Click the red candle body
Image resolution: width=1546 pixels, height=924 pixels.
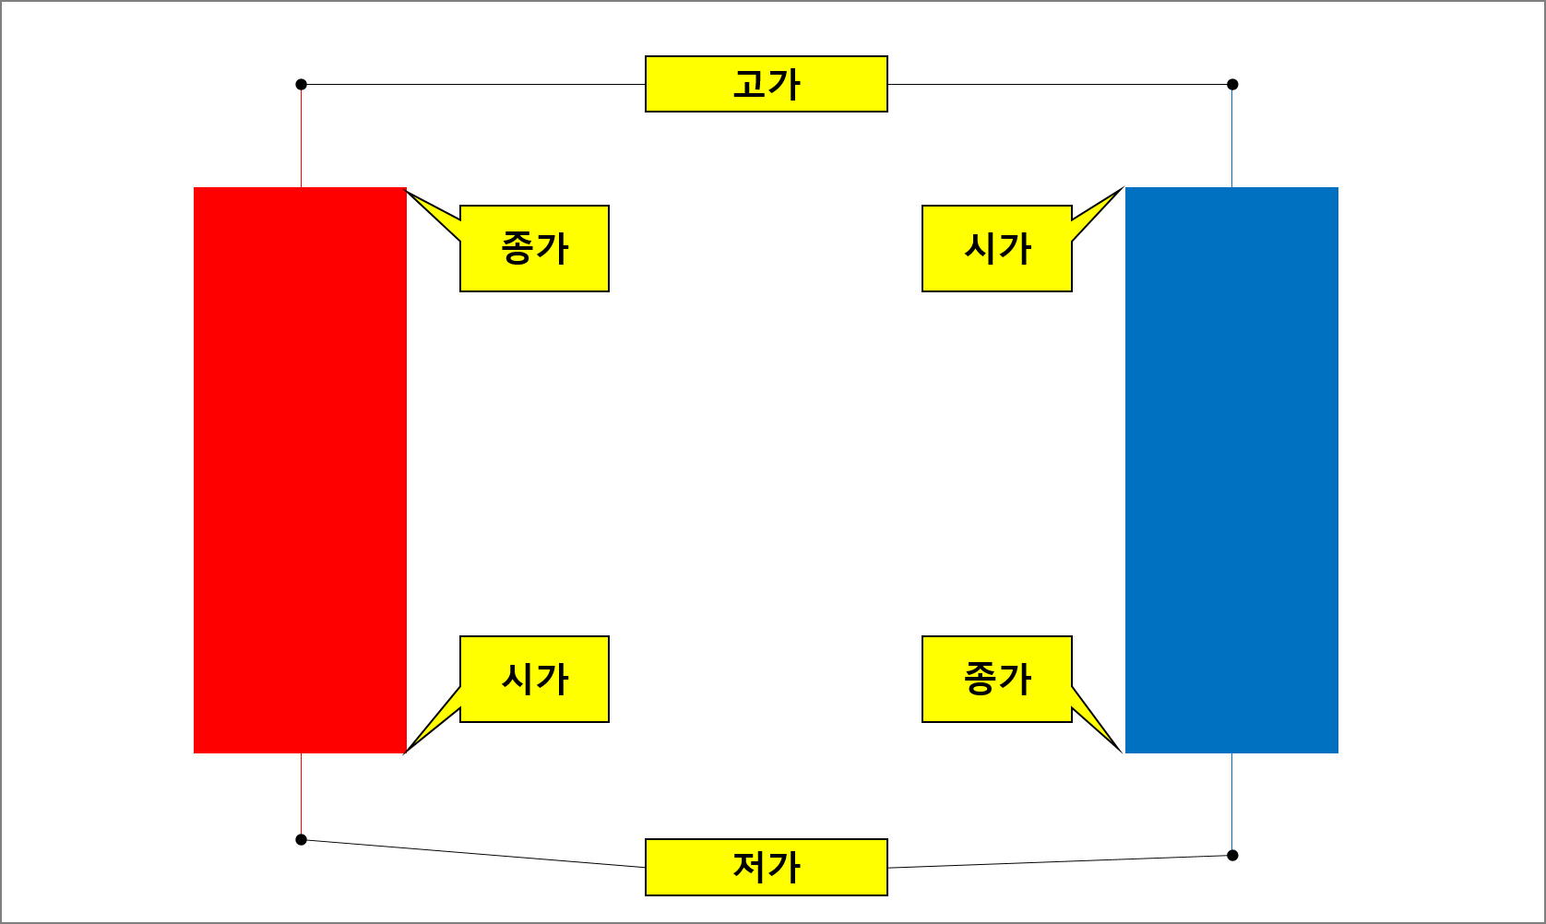(x=300, y=470)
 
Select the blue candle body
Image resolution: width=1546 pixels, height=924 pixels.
(x=1231, y=470)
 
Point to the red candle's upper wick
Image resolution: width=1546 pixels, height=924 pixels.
(x=301, y=138)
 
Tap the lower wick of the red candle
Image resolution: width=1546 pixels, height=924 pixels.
(x=301, y=794)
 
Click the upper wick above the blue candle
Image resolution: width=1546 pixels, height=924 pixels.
(x=1231, y=138)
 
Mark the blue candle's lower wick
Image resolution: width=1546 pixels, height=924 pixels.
(x=1231, y=801)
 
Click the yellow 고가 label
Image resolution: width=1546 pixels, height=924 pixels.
(x=766, y=84)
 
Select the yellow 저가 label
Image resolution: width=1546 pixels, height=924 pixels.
(x=766, y=867)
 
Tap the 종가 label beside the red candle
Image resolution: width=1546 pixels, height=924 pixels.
(x=534, y=248)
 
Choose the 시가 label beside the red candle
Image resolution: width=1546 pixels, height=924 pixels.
(x=534, y=679)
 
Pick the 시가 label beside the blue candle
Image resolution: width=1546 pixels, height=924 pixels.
(x=996, y=248)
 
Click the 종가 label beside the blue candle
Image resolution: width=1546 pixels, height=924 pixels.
(x=996, y=679)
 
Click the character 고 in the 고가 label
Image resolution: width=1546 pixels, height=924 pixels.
(x=748, y=84)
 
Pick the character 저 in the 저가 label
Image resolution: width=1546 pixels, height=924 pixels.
(x=748, y=867)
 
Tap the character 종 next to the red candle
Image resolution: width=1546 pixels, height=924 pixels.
(x=517, y=248)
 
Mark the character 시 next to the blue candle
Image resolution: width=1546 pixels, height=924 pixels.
(x=980, y=248)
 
